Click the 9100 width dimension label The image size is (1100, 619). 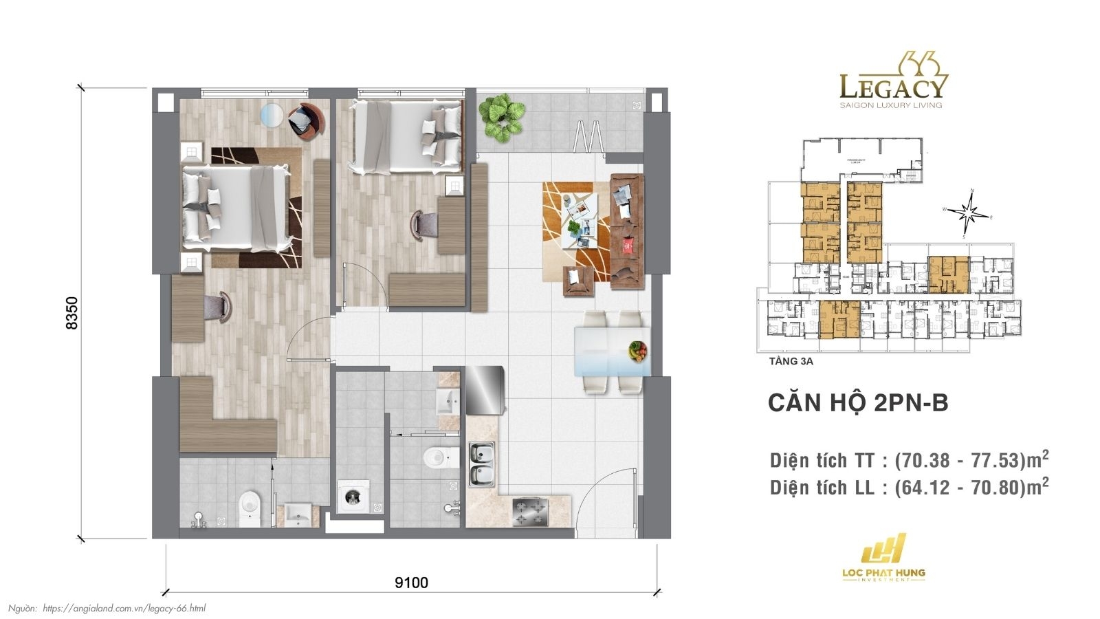click(x=411, y=583)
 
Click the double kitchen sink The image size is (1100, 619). click(x=482, y=464)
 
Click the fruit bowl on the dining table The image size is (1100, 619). click(x=637, y=351)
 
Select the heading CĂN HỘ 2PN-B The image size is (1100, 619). click(x=857, y=403)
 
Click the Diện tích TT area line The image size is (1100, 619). click(x=909, y=459)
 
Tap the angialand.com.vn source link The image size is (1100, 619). click(x=124, y=608)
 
